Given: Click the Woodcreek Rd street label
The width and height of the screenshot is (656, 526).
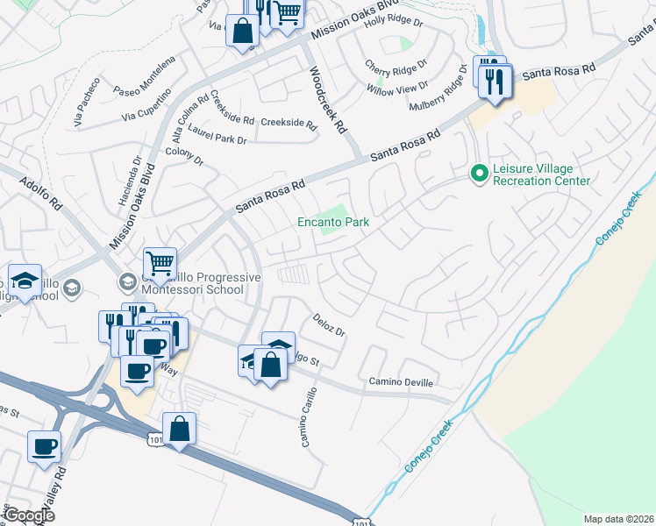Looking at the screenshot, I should [x=325, y=99].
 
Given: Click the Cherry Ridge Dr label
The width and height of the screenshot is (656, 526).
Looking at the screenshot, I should [x=396, y=66].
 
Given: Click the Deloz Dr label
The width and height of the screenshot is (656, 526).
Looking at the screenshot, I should [x=329, y=325].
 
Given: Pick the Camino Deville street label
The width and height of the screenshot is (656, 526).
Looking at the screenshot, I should [x=401, y=382].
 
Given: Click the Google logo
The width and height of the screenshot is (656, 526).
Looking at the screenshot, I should [x=29, y=515].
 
